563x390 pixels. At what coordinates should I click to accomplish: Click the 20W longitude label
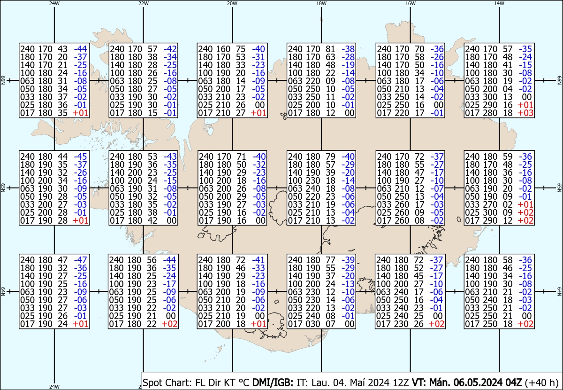pos(232,3)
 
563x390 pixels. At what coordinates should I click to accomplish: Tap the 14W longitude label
pos(499,3)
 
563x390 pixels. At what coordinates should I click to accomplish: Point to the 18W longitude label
pos(321,3)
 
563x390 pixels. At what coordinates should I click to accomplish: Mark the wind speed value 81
pos(330,48)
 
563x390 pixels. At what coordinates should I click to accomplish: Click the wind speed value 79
pos(330,156)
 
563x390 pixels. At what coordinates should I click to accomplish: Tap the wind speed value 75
pos(241,48)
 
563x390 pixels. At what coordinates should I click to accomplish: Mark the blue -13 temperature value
pos(348,284)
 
